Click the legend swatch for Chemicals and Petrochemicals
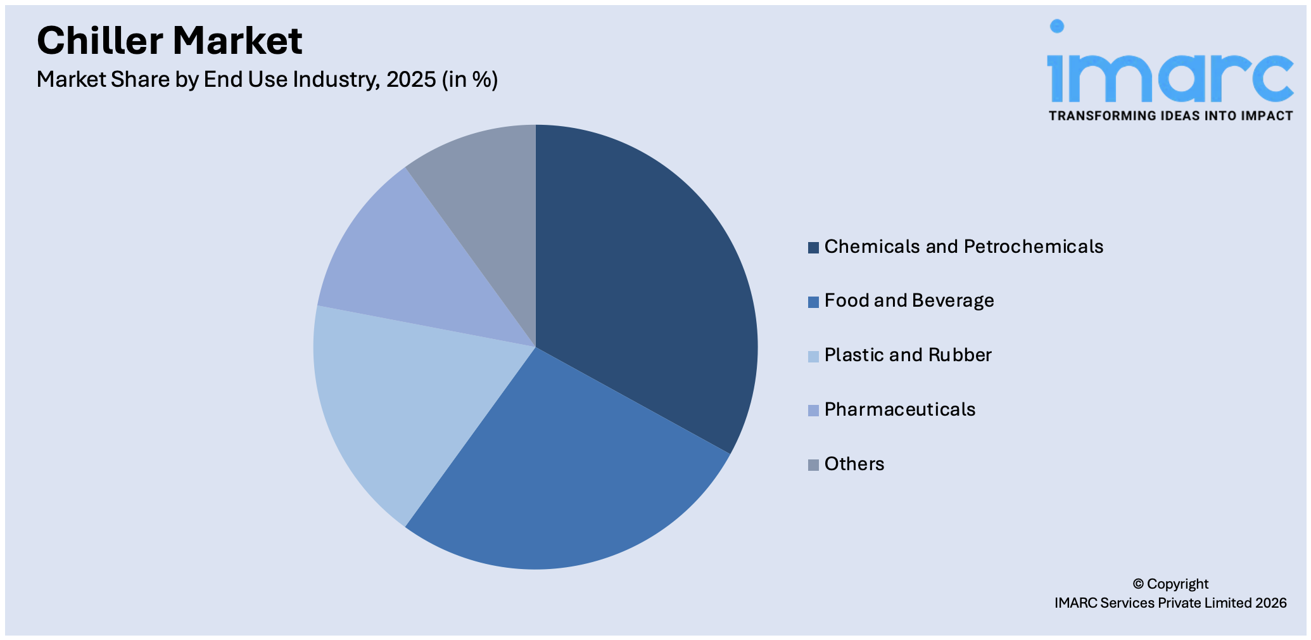point(813,247)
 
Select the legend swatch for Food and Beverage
point(813,302)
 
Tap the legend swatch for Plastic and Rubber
point(813,356)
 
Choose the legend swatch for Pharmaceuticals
point(813,411)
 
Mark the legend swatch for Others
point(813,465)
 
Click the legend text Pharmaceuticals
point(899,409)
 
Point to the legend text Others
point(854,464)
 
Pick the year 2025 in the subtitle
point(411,79)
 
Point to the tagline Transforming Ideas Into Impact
point(1170,115)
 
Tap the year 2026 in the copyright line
point(1270,603)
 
